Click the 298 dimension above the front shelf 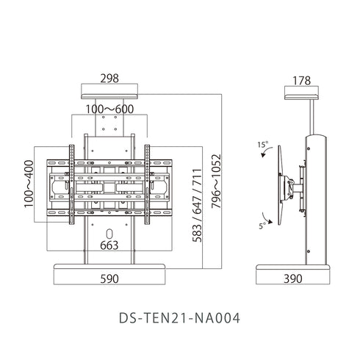point(109,79)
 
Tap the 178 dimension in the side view point(301,81)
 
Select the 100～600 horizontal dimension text point(109,109)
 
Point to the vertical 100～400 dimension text point(29,184)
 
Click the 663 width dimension point(109,245)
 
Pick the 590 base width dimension point(109,279)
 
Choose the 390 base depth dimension point(293,278)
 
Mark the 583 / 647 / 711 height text point(197,205)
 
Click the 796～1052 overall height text point(216,181)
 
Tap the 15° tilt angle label point(263,145)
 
